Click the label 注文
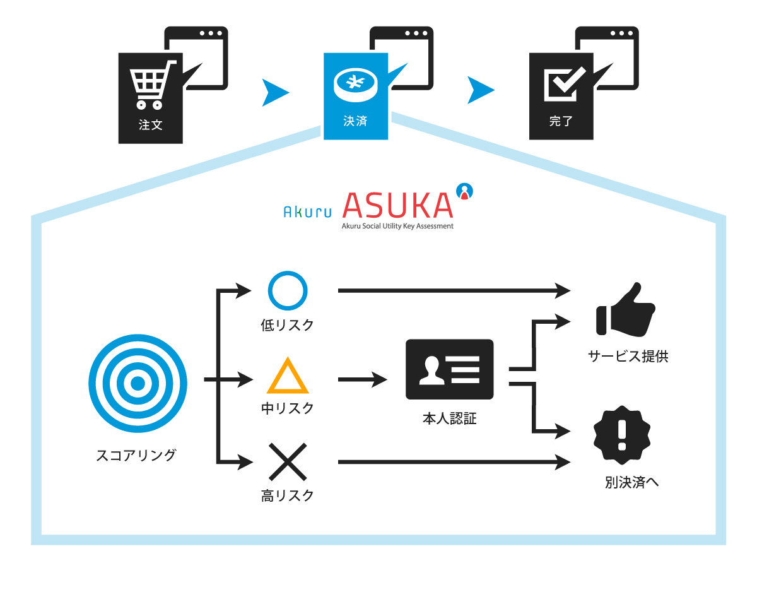151,124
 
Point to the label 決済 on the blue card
355,121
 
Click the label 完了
561,121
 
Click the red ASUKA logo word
397,204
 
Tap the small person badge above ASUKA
464,191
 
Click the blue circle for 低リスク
288,292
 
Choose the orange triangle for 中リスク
288,377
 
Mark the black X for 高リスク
288,463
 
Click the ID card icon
449,369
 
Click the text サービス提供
628,357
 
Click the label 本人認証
449,418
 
